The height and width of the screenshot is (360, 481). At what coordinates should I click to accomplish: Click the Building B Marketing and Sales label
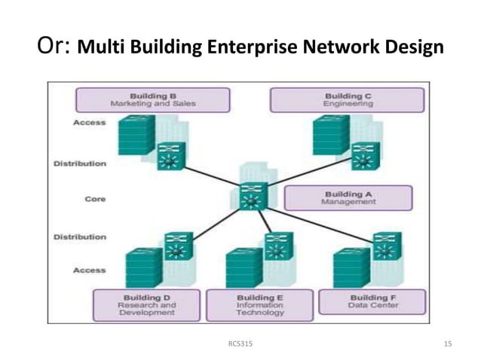[x=153, y=100]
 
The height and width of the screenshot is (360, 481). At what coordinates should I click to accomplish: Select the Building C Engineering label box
[x=348, y=100]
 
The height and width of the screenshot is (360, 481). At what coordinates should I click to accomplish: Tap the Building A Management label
[x=348, y=198]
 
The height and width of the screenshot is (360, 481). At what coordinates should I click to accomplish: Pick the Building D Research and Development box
[x=146, y=305]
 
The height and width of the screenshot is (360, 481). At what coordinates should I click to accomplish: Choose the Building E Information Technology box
[x=259, y=305]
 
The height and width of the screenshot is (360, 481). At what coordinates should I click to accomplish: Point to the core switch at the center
[x=251, y=197]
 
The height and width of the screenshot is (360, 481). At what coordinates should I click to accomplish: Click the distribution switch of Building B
[x=171, y=156]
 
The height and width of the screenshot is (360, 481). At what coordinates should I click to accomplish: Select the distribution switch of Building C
[x=366, y=156]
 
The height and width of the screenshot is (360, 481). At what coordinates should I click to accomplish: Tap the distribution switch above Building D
[x=179, y=246]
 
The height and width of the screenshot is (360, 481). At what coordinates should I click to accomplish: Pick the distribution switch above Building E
[x=279, y=246]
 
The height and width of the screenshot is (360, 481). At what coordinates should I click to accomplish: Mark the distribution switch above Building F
[x=387, y=246]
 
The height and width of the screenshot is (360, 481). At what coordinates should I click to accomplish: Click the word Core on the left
[x=95, y=200]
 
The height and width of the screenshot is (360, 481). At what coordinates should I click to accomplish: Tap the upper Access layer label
[x=90, y=123]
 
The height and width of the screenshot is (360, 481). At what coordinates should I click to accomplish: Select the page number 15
[x=448, y=343]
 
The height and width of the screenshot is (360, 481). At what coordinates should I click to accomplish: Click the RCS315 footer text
[x=240, y=343]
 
